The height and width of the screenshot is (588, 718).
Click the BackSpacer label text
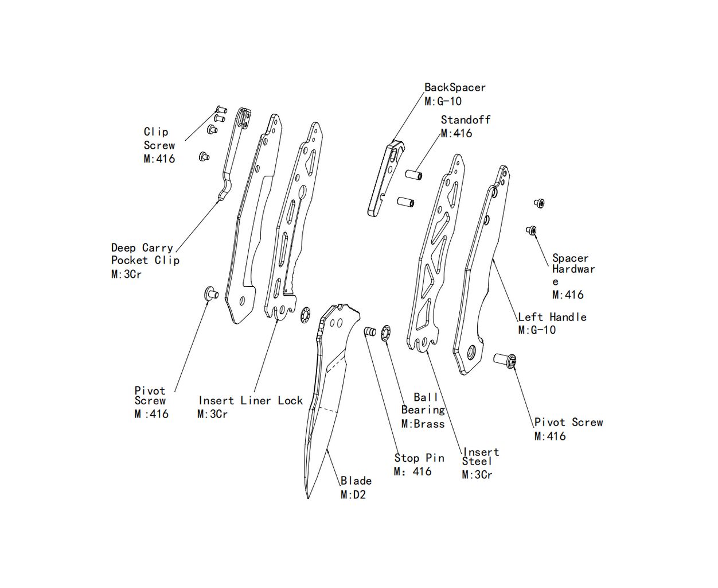pos(455,88)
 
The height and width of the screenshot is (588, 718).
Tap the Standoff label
pos(465,120)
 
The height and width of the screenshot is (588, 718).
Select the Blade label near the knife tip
pos(356,481)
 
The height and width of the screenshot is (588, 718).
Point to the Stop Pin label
pos(419,458)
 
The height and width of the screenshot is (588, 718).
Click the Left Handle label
pos(552,317)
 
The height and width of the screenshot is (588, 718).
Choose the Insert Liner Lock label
pos(251,401)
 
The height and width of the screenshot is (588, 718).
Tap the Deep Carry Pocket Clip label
pos(145,254)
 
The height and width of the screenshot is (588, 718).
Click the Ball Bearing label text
pos(423,404)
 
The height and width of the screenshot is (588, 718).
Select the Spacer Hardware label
pos(572,269)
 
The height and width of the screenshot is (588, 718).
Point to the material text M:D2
pos(353,495)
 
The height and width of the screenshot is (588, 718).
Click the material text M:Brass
pos(423,424)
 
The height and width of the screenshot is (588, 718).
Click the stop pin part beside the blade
pos(370,332)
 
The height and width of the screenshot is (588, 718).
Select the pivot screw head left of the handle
pos(210,293)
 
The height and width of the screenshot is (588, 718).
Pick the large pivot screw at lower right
pos(505,360)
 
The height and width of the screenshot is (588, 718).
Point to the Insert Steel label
pos(479,457)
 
